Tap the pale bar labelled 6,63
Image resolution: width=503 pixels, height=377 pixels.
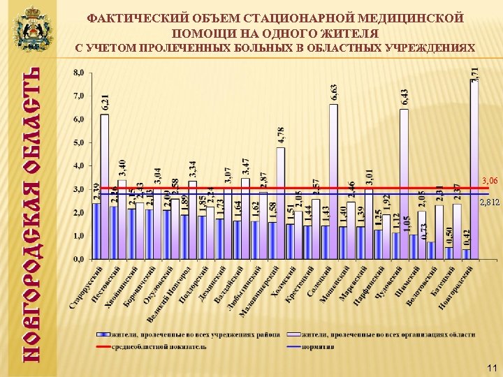(x=333, y=182)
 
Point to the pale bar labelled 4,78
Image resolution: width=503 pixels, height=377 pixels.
(x=280, y=202)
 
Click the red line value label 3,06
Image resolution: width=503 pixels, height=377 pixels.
(x=490, y=181)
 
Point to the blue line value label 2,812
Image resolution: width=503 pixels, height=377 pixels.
(x=490, y=202)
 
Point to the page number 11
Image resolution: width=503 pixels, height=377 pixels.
(x=491, y=368)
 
